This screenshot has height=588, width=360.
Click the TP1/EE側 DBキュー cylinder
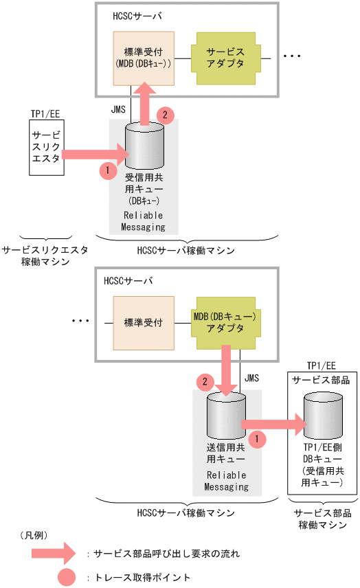tap(322, 419)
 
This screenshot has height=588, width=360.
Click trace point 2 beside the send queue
tap(204, 380)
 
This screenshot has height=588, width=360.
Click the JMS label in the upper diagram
tap(118, 109)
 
